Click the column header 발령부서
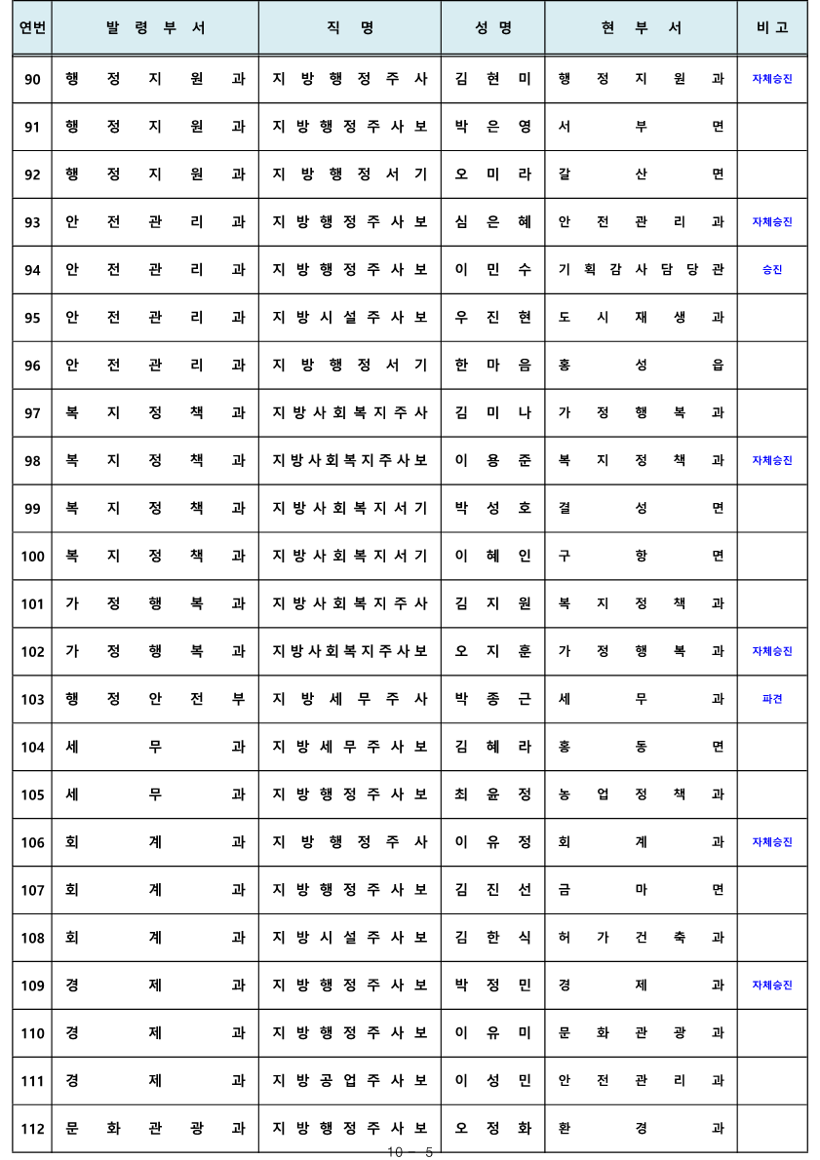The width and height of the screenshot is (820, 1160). pyautogui.click(x=155, y=28)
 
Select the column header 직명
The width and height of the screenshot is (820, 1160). pyautogui.click(x=350, y=28)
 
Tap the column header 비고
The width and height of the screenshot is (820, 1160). pyautogui.click(x=771, y=28)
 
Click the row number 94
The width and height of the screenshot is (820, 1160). pyautogui.click(x=32, y=270)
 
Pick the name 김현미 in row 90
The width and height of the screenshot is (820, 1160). pyautogui.click(x=492, y=79)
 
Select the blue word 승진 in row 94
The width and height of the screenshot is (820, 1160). pyautogui.click(x=771, y=270)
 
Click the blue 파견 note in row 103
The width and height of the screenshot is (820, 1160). pyautogui.click(x=771, y=699)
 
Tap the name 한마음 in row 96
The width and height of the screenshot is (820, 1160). pyautogui.click(x=492, y=366)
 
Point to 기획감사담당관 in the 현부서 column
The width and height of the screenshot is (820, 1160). pyautogui.click(x=641, y=270)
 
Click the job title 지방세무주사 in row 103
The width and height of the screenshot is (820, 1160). pyautogui.click(x=350, y=699)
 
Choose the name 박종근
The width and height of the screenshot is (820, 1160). pyautogui.click(x=492, y=699)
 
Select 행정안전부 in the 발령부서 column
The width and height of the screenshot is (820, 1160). pyautogui.click(x=155, y=699)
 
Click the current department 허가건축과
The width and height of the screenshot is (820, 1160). pyautogui.click(x=641, y=938)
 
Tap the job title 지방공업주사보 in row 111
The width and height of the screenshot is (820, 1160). pyautogui.click(x=350, y=1081)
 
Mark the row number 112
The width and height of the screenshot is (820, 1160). pyautogui.click(x=32, y=1129)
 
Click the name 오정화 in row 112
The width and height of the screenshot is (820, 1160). pyautogui.click(x=492, y=1129)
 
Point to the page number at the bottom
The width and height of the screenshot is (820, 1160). pyautogui.click(x=410, y=1152)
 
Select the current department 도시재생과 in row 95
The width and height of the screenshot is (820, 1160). pyautogui.click(x=641, y=318)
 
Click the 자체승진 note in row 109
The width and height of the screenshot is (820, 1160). pyautogui.click(x=771, y=986)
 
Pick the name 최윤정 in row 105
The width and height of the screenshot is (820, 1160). pyautogui.click(x=492, y=794)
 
